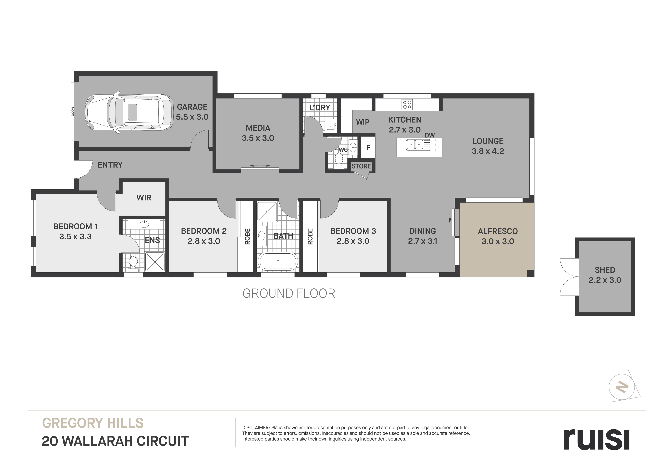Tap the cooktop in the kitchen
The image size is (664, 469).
407,105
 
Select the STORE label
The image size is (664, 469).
361,166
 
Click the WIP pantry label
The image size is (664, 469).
363,122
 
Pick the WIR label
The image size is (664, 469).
144,198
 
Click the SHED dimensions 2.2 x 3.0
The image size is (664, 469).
605,280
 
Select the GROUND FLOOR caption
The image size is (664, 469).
289,294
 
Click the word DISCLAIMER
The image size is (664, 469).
256,428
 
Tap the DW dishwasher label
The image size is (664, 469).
430,135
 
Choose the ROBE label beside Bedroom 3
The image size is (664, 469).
310,236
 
